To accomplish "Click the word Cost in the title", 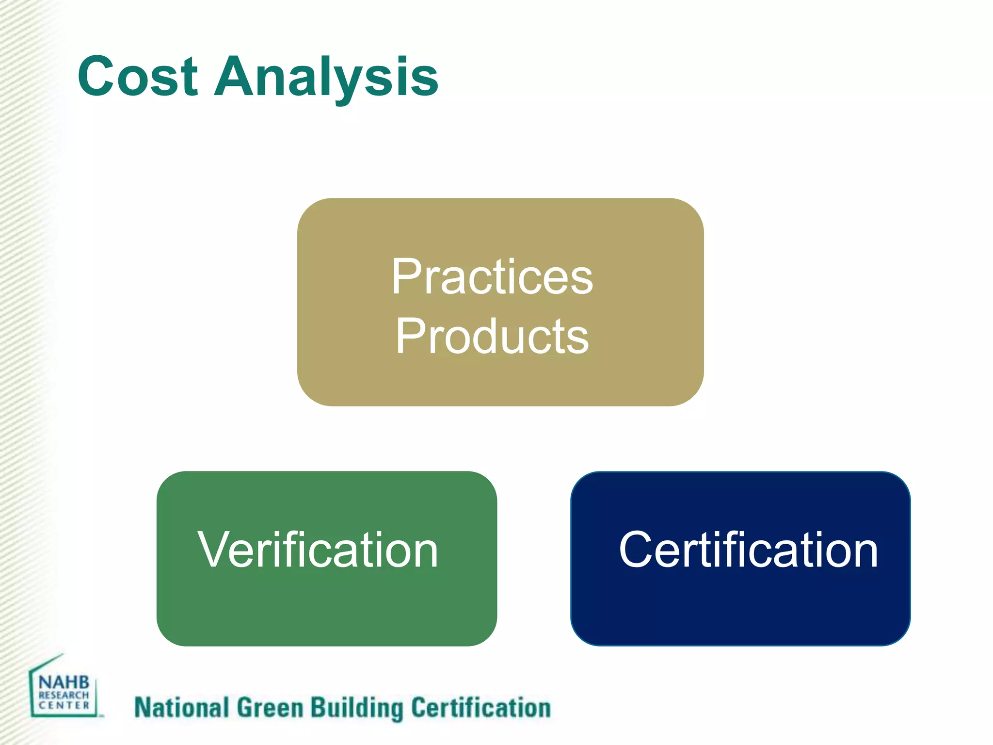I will click(138, 77).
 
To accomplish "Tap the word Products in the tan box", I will click(492, 336).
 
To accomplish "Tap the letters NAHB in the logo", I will click(64, 682).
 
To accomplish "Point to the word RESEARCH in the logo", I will click(64, 695).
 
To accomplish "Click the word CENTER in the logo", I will click(64, 705).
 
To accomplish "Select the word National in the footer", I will click(181, 708).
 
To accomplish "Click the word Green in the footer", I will click(270, 708).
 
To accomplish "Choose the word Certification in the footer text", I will click(481, 708).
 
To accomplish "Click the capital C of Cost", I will click(97, 77).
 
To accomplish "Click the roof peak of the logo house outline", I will click(62, 655).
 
